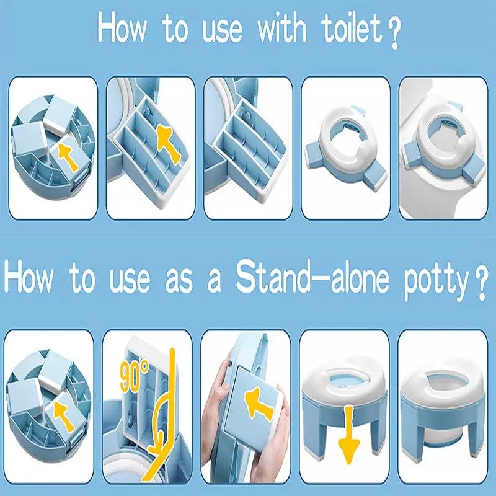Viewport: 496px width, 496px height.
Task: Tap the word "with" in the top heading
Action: (x=281, y=28)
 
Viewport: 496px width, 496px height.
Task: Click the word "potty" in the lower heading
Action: (x=437, y=281)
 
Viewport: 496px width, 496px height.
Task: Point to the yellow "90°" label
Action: (x=134, y=376)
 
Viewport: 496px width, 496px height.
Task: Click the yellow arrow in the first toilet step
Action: (x=68, y=156)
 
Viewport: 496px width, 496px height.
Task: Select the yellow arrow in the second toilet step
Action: (x=169, y=144)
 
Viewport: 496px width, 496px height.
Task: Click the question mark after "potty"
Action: (x=480, y=285)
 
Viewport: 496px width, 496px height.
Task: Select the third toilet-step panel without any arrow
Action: (x=248, y=148)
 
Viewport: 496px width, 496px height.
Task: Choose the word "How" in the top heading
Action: (x=122, y=28)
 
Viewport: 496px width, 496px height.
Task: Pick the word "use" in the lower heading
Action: (x=130, y=280)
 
